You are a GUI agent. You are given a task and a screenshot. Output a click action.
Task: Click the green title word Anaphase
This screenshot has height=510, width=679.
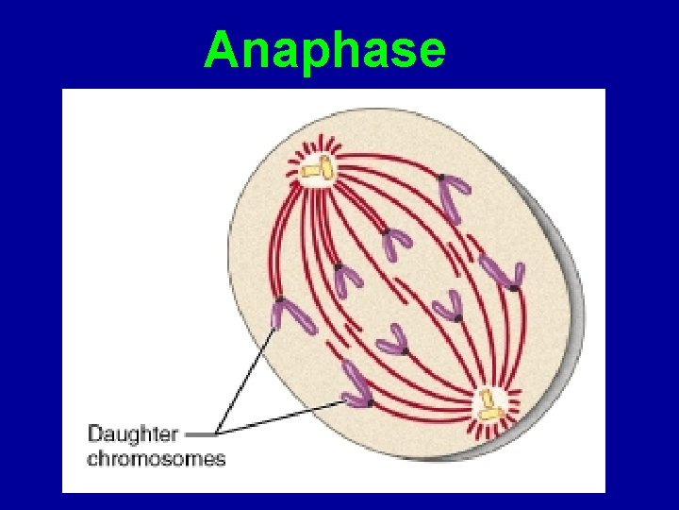coord(324,50)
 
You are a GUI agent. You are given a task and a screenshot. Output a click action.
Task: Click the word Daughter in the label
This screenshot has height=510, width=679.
coord(132,435)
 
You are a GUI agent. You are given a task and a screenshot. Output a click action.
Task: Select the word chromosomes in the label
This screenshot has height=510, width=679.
coord(157,459)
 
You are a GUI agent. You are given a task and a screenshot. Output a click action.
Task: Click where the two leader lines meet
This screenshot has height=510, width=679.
coord(219,434)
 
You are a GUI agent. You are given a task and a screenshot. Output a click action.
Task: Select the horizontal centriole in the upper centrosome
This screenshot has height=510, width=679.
coord(310,171)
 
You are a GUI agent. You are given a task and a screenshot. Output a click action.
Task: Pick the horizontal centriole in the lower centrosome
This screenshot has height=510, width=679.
coord(489,413)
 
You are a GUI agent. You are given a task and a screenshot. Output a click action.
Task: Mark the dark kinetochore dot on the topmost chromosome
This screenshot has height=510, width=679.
coord(439,178)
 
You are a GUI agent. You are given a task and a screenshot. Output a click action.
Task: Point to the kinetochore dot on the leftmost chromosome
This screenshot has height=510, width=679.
coord(279,303)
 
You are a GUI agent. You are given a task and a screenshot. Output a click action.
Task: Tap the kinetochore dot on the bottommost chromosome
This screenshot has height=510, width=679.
coord(370,402)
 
